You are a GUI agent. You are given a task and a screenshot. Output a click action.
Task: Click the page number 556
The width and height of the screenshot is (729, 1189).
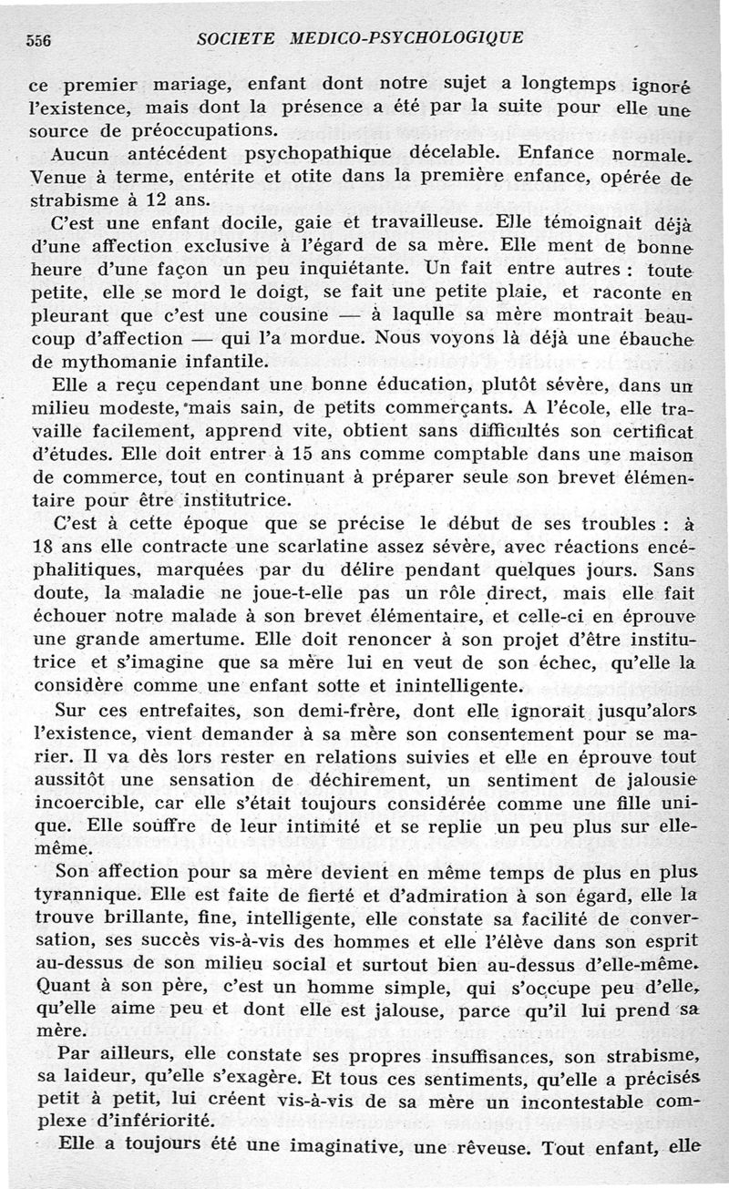36,39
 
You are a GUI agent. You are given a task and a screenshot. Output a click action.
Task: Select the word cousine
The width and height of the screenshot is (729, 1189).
292,314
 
